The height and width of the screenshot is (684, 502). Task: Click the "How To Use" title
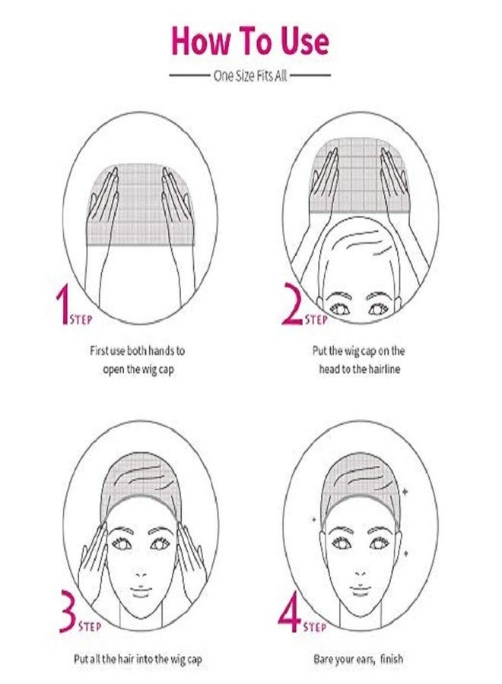pyautogui.click(x=249, y=41)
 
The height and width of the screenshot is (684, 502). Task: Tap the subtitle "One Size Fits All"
pyautogui.click(x=249, y=76)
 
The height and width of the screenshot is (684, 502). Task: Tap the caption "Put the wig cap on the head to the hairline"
pyautogui.click(x=359, y=359)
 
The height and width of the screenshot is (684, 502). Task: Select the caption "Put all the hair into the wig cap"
pyautogui.click(x=145, y=659)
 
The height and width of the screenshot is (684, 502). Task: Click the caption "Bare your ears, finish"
pyautogui.click(x=358, y=659)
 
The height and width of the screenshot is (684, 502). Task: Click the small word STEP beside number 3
pyautogui.click(x=92, y=627)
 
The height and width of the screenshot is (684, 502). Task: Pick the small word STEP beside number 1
pyautogui.click(x=81, y=320)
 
